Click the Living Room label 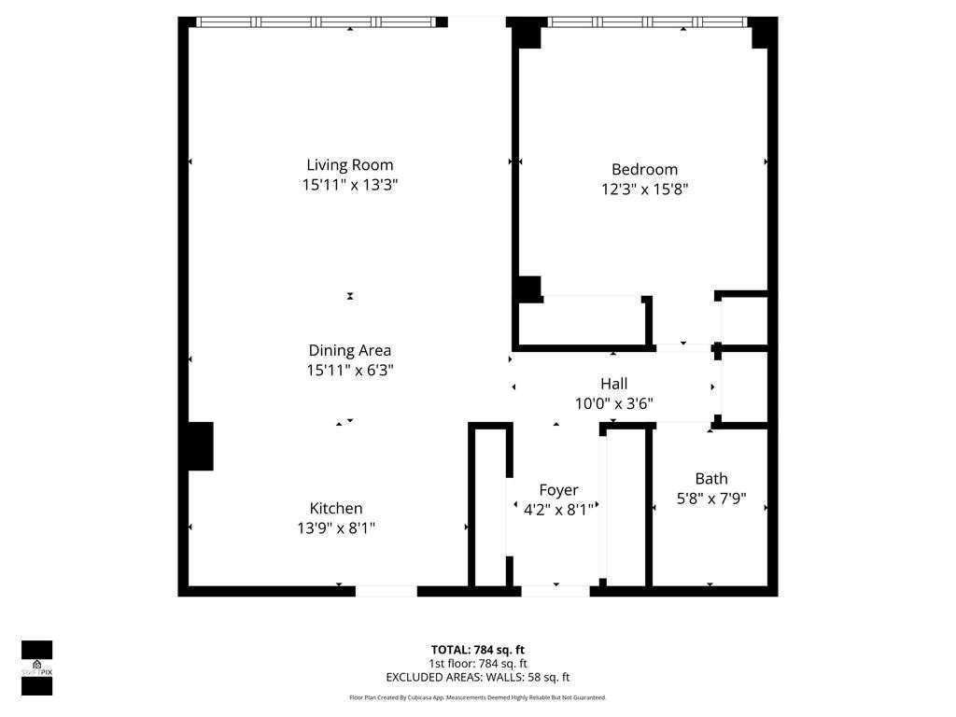click(x=350, y=165)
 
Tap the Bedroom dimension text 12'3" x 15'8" click(x=645, y=189)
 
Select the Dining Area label click(x=350, y=350)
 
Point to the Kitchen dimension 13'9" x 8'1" click(x=336, y=527)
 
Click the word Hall click(x=613, y=384)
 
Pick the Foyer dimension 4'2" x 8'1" click(x=558, y=509)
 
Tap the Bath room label click(x=711, y=479)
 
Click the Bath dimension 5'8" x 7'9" click(x=711, y=499)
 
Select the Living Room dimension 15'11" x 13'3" click(x=350, y=185)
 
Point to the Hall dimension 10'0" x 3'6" click(x=613, y=403)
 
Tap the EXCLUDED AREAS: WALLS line click(x=477, y=678)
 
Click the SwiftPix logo click(x=37, y=668)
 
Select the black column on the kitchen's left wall click(x=200, y=446)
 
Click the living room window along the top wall click(x=317, y=21)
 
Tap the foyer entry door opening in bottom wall click(x=555, y=590)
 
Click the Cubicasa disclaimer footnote click(x=477, y=697)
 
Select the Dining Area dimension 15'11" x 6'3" click(x=350, y=370)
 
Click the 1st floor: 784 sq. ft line click(x=477, y=664)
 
